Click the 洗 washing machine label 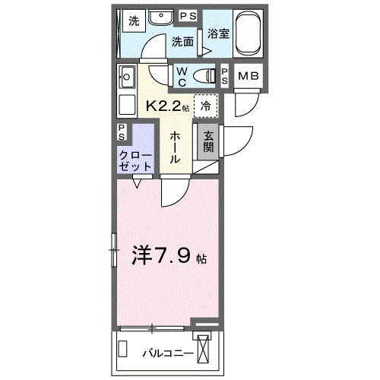click(x=134, y=21)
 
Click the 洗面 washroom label click(x=182, y=42)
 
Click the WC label click(x=182, y=75)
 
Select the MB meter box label click(x=248, y=76)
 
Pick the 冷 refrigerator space click(x=205, y=106)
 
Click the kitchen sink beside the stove click(x=127, y=77)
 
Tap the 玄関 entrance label click(x=207, y=141)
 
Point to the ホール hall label click(x=175, y=147)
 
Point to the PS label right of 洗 click(x=187, y=16)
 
